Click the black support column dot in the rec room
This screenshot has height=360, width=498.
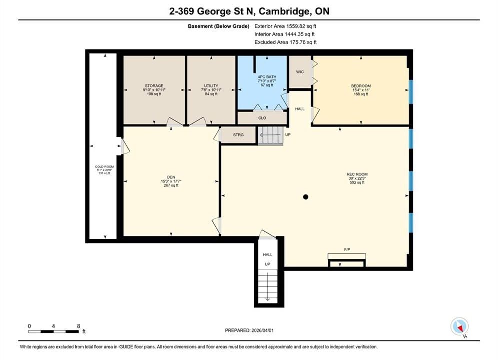point(305,197)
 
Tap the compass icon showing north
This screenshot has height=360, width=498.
point(459,326)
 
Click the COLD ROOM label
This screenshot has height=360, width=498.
point(104,167)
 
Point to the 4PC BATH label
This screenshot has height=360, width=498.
point(267,77)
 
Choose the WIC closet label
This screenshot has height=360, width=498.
point(300,72)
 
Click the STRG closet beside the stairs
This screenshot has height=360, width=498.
point(238,135)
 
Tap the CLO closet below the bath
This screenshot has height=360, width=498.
point(262,118)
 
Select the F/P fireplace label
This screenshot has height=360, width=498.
point(347,250)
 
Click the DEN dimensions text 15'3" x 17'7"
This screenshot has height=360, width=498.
point(171,181)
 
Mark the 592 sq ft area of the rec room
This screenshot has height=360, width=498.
point(357,182)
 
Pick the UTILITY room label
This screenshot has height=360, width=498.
point(211,86)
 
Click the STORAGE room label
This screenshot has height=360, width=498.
point(154,86)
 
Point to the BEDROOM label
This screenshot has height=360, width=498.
point(361,86)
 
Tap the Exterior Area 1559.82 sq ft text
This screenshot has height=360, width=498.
point(285,26)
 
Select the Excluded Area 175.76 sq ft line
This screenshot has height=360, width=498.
point(285,42)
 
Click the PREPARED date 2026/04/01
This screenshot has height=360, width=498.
point(249,330)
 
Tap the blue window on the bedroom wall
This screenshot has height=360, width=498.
point(410,92)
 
